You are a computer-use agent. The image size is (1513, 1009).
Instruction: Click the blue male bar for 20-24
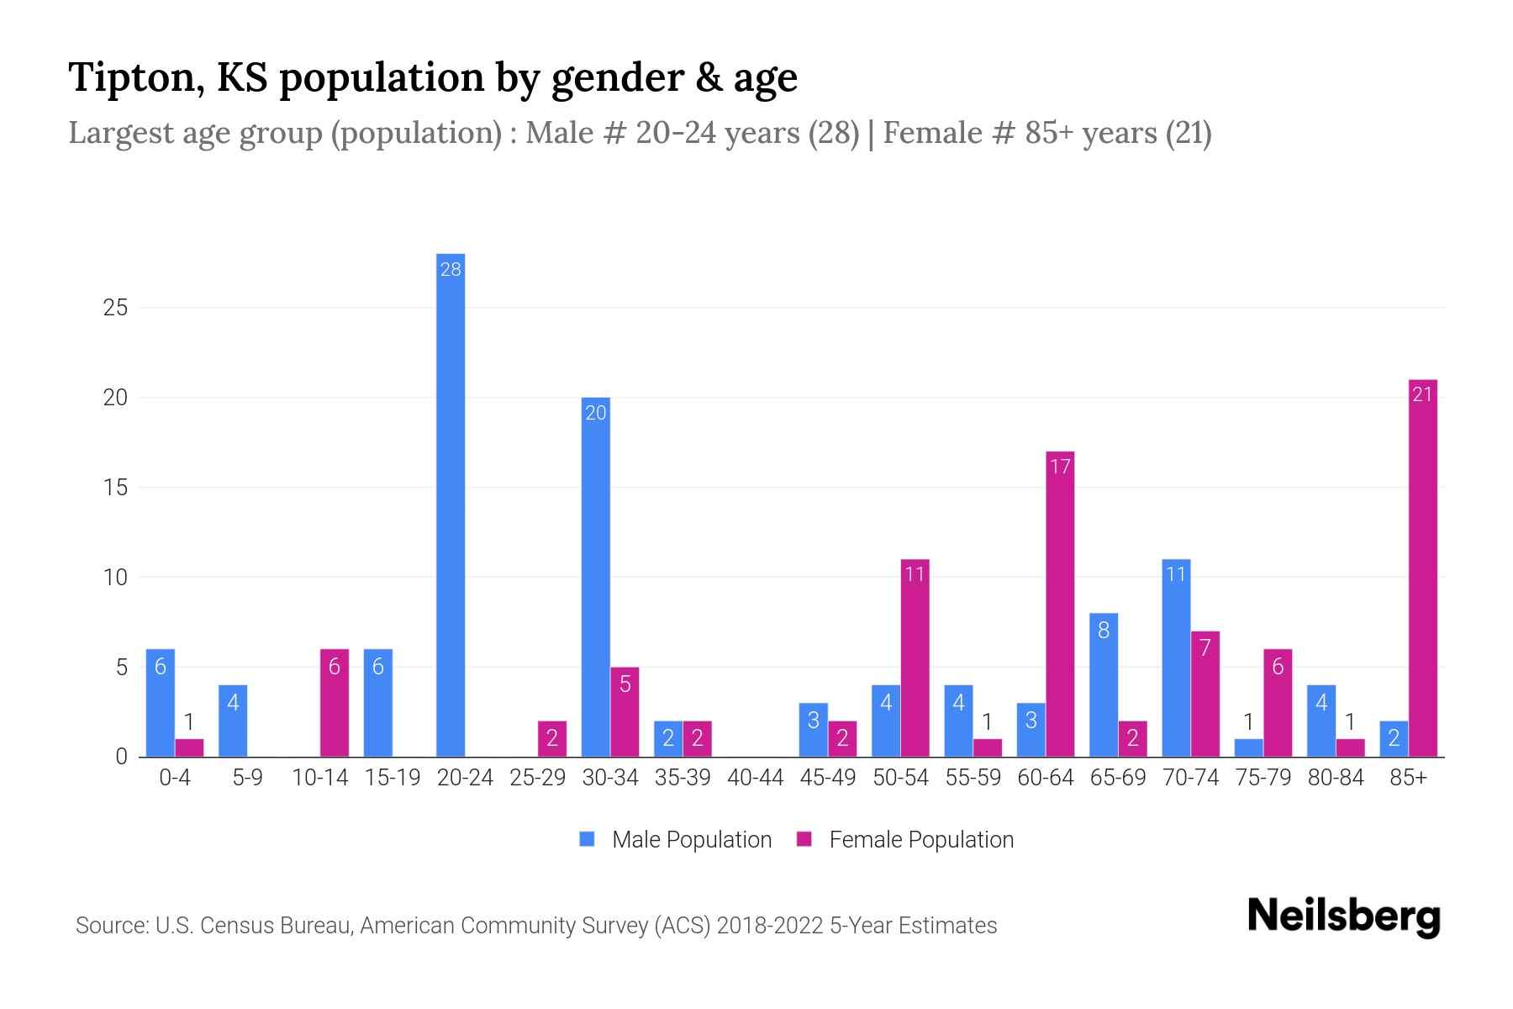coord(451,504)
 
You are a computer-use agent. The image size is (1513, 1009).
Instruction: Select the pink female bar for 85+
coord(1422,568)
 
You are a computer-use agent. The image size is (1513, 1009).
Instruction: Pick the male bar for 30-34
coord(595,577)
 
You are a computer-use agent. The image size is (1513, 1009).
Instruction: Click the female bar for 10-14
coord(335,703)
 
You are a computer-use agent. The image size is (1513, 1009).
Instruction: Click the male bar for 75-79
coord(1248,748)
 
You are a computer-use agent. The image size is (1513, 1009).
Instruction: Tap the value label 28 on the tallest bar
coord(451,270)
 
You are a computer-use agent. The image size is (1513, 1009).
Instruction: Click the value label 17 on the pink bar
coord(1060,466)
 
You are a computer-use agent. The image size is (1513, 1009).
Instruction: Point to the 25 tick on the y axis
coord(115,308)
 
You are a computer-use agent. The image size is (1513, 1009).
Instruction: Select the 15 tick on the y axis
coord(115,488)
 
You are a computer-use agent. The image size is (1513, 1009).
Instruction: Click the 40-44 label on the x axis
coord(755,778)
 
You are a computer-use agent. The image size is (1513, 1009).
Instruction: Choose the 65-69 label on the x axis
coord(1117,778)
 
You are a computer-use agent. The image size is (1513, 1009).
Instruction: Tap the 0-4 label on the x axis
coord(175,778)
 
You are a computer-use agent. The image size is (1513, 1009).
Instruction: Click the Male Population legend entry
coord(691,840)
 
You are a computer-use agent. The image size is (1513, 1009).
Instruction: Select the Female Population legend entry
coord(920,840)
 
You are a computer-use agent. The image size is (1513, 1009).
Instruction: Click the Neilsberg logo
coord(1343,917)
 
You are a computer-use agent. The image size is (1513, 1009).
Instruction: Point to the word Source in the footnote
coord(111,926)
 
